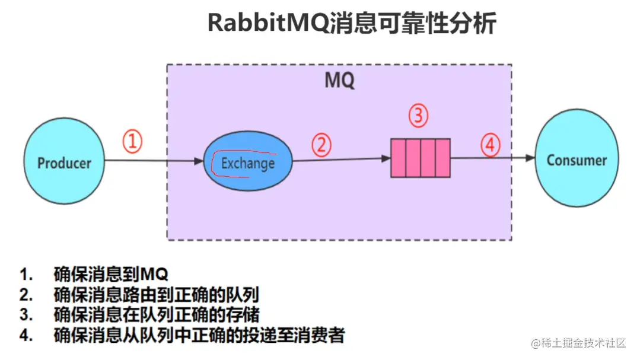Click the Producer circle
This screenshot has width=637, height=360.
65,162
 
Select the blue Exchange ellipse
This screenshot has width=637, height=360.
248,162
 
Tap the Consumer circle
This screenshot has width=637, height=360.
577,160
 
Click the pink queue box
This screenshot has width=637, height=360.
420,158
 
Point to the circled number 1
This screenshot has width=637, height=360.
133,142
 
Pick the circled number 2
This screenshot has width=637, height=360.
321,145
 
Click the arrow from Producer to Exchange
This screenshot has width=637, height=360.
154,161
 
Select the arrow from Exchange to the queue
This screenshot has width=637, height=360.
341,160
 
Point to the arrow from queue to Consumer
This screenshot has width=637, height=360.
492,158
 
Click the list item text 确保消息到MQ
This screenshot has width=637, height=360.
111,275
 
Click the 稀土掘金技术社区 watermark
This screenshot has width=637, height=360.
579,343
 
